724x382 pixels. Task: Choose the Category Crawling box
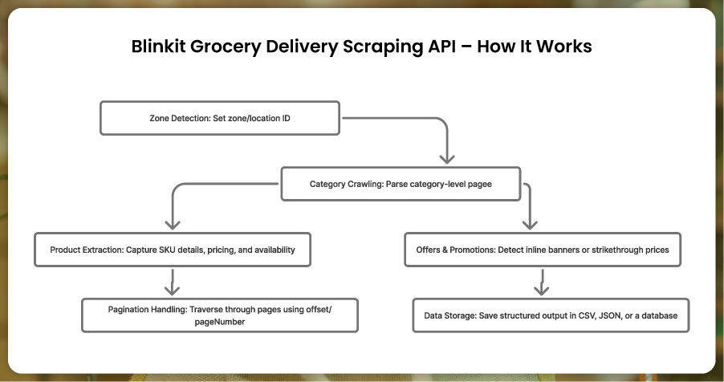coord(400,184)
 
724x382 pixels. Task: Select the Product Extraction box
coord(172,250)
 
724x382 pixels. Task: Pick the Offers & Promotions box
coord(543,250)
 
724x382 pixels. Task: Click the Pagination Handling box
coord(219,315)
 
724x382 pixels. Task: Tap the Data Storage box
coord(551,315)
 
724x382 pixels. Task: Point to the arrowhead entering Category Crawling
coord(447,157)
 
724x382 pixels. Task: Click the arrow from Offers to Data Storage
coord(542,282)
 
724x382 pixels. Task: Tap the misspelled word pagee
coord(478,184)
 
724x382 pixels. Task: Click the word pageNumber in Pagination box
coord(220,321)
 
